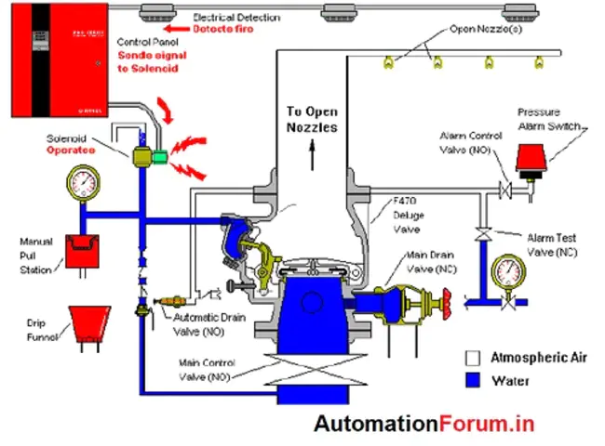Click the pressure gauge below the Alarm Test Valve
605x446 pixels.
coord(509,270)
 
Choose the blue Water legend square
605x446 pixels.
coord(473,380)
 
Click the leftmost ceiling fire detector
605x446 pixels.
coord(155,13)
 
